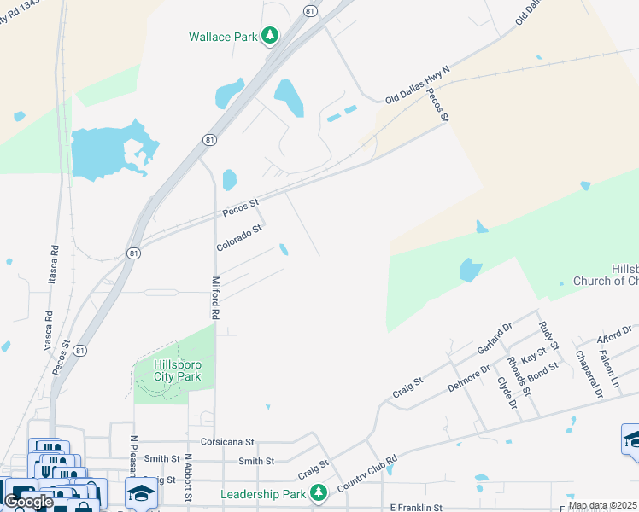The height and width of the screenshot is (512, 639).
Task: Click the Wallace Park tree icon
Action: (270, 35)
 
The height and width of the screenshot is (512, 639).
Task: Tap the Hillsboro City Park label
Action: (177, 369)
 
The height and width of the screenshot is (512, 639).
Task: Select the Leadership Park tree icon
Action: (319, 493)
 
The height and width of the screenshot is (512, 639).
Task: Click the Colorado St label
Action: (238, 236)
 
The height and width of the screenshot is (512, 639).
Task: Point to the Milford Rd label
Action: (216, 296)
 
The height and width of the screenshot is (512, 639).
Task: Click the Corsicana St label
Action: (228, 442)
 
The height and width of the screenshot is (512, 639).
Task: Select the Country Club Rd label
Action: (367, 473)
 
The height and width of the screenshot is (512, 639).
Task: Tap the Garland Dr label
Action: (495, 337)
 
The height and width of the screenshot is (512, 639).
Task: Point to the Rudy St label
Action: (548, 335)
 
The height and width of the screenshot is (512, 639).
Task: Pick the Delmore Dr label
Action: (469, 378)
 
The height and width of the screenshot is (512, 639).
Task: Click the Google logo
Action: (28, 502)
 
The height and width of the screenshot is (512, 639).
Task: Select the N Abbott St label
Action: (187, 478)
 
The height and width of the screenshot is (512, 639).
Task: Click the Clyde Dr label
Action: (508, 392)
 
